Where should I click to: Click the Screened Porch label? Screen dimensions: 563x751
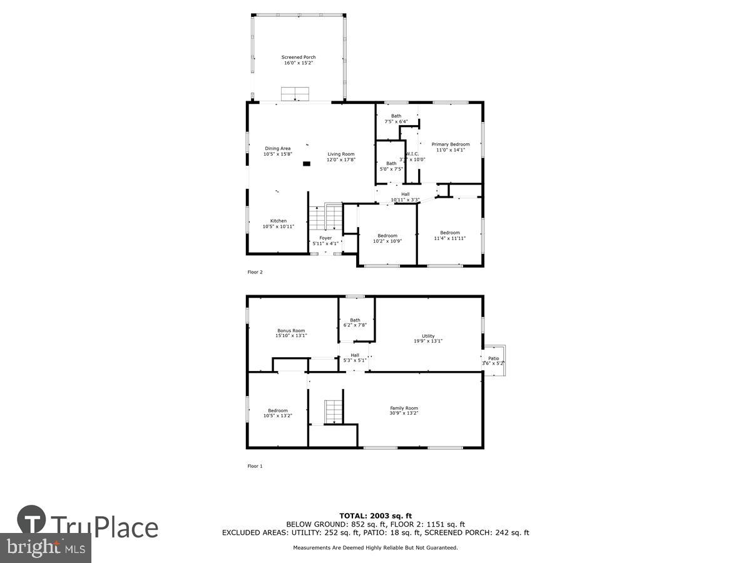click(x=299, y=60)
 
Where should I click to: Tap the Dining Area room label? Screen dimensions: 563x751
click(x=277, y=151)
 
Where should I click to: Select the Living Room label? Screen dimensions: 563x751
click(x=340, y=157)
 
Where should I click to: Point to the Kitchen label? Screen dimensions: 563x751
click(x=278, y=224)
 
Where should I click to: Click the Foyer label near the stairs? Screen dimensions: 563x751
click(x=325, y=241)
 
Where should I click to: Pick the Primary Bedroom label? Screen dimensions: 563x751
click(x=451, y=147)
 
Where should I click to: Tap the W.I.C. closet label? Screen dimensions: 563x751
click(x=412, y=156)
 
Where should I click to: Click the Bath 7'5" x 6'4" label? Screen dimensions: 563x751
click(x=396, y=118)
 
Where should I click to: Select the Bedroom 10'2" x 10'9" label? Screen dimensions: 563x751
click(x=387, y=238)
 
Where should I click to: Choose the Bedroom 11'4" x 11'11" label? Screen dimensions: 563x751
click(x=449, y=235)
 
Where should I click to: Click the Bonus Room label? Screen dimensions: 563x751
click(x=291, y=333)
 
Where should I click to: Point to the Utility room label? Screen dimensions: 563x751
click(x=428, y=338)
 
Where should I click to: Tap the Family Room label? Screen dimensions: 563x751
click(x=404, y=411)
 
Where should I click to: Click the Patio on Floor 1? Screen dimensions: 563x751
click(x=493, y=361)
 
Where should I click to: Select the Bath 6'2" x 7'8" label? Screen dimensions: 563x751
click(x=355, y=323)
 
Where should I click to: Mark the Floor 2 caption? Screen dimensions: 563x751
click(x=255, y=272)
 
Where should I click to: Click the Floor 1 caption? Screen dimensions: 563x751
click(x=255, y=466)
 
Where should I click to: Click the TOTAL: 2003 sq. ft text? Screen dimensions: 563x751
click(x=375, y=515)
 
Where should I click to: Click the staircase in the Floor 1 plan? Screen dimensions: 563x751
click(x=334, y=412)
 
